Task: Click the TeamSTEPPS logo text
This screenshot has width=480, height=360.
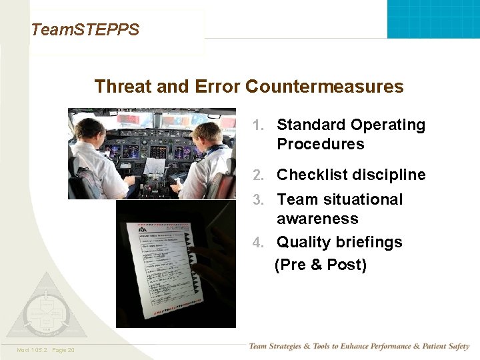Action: coord(85,30)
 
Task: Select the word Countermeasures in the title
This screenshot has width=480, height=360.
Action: coord(325,87)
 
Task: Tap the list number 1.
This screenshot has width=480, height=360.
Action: coord(259,125)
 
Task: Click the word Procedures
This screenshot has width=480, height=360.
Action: coord(321,145)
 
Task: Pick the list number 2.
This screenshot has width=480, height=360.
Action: coord(259,175)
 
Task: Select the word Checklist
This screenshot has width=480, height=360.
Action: coord(308,175)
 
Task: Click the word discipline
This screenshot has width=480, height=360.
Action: coord(385,175)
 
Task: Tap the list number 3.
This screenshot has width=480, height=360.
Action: coord(259,200)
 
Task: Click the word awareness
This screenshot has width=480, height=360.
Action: coord(317,219)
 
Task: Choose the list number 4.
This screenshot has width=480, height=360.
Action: coord(259,243)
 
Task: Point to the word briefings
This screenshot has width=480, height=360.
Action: coord(370,243)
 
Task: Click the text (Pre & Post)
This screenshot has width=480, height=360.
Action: coord(321,265)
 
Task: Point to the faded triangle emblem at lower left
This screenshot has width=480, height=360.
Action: coord(45,308)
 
